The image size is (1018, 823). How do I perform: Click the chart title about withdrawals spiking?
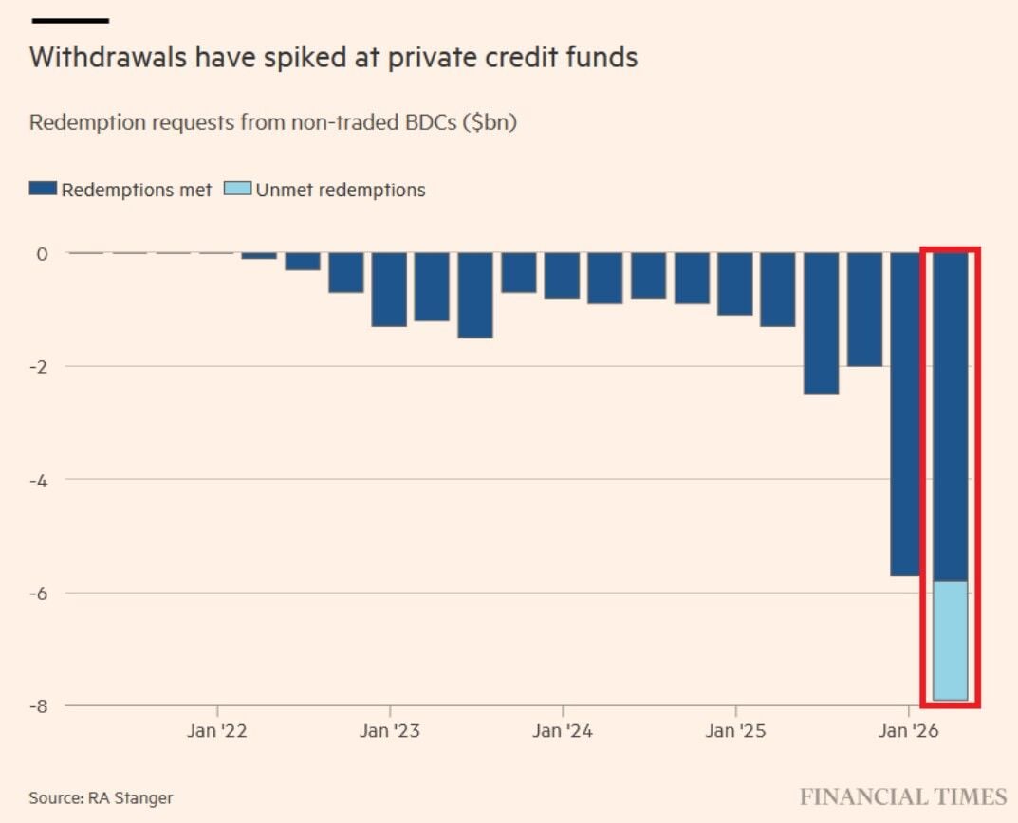(333, 58)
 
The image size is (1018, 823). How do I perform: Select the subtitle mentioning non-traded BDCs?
(272, 123)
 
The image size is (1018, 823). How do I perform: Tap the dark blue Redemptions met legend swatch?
(43, 189)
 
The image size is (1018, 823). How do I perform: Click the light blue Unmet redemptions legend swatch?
(237, 189)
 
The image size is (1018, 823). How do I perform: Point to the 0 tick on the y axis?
(42, 253)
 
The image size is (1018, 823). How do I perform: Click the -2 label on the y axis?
(39, 367)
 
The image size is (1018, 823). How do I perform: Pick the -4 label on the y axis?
(39, 480)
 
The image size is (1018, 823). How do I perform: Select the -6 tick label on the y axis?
(39, 594)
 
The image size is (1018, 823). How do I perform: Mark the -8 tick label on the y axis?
(39, 706)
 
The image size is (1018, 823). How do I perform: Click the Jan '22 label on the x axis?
(217, 731)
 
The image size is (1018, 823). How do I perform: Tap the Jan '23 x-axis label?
(390, 731)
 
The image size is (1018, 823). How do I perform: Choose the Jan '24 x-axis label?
(563, 731)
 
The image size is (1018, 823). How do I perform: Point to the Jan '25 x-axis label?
(735, 731)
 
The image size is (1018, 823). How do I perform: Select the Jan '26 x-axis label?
(908, 731)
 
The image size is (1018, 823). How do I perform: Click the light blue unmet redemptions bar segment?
(951, 641)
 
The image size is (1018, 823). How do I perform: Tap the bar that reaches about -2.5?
(821, 323)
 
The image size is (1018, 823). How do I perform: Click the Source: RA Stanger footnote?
(101, 797)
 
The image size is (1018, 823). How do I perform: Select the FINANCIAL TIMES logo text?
(902, 796)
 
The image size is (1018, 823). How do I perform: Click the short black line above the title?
(69, 20)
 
